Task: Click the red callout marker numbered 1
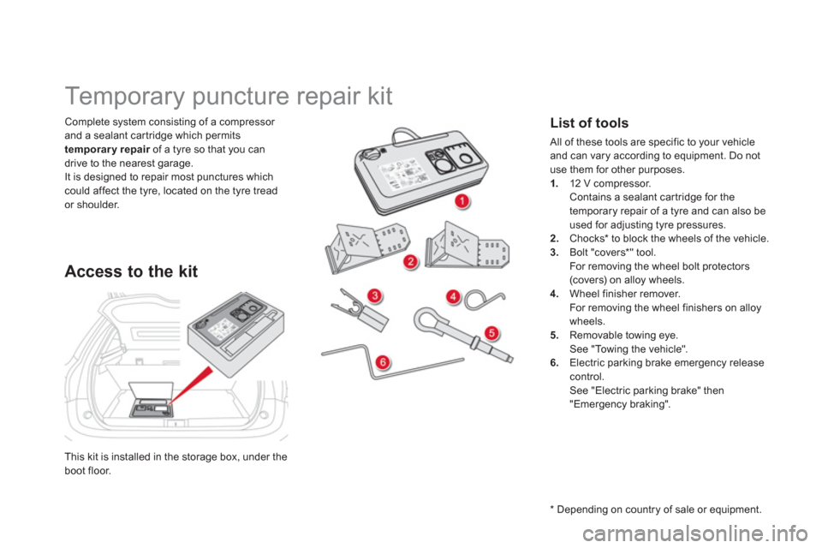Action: tap(462, 201)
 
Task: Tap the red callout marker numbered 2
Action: tap(411, 261)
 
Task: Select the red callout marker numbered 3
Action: tap(375, 295)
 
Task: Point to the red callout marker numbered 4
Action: tap(453, 297)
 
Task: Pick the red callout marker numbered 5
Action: tap(491, 332)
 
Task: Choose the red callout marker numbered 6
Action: tap(383, 362)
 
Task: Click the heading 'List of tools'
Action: tap(589, 122)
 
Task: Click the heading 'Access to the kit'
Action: tap(131, 271)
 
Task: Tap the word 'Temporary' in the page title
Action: tap(125, 97)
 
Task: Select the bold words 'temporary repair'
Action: tap(107, 150)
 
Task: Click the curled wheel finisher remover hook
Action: tap(484, 300)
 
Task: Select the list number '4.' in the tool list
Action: tap(555, 294)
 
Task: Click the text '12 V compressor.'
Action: tap(611, 183)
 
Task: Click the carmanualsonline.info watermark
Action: tap(694, 533)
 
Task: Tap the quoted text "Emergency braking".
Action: tap(620, 404)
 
